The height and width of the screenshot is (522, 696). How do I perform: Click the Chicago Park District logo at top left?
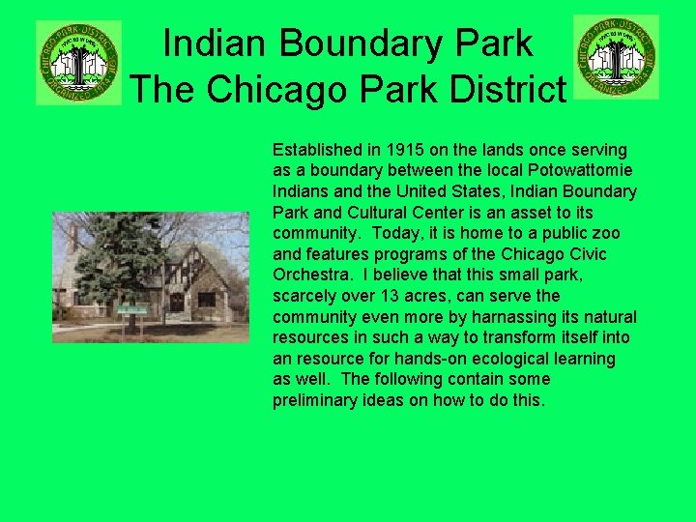click(78, 62)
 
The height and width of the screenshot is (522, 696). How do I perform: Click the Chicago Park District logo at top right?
click(616, 56)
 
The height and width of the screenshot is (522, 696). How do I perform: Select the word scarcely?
click(304, 296)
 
